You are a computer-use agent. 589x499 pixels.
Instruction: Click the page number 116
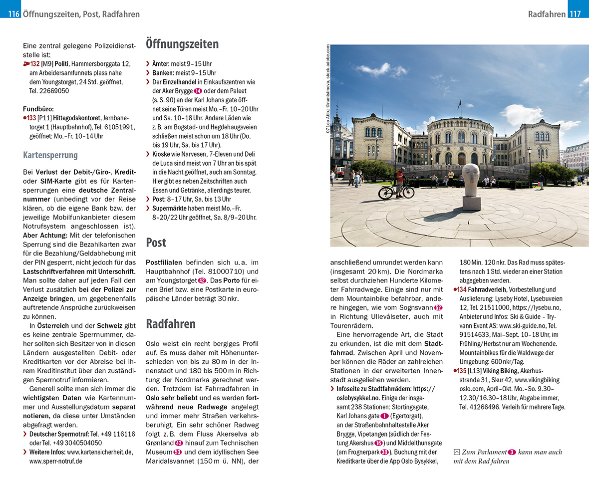pos(14,14)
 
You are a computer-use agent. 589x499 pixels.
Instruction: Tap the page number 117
pos(575,14)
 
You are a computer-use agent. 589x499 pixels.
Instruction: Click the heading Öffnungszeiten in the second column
pos(182,44)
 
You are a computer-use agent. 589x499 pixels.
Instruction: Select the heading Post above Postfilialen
pos(156,243)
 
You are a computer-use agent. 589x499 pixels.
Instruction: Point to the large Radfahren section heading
pos(171,324)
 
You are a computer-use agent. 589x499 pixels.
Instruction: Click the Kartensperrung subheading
pos(50,155)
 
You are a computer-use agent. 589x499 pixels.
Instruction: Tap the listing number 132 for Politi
pos(34,64)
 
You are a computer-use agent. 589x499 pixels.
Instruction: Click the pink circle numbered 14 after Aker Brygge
pos(198,91)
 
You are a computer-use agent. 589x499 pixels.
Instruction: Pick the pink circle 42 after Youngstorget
pos(202,280)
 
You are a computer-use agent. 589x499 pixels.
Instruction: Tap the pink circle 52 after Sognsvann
pos(438,307)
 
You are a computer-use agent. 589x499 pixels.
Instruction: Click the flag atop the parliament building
pos(459,104)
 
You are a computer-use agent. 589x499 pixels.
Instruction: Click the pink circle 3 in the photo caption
pos(512,453)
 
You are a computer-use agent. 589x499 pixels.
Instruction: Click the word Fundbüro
pos(38,109)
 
